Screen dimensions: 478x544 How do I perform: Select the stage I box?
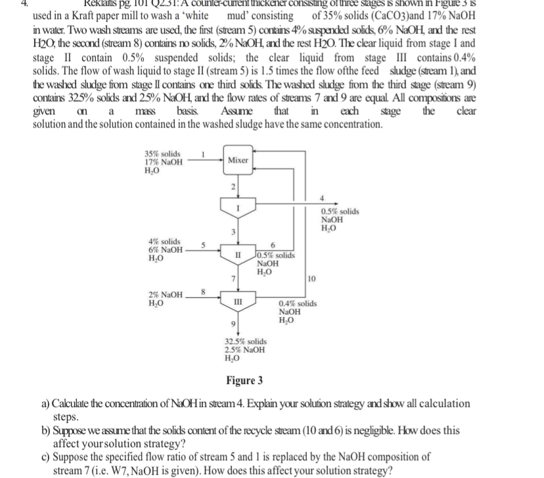coord(238,208)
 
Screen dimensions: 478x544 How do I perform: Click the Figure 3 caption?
coord(244,380)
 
